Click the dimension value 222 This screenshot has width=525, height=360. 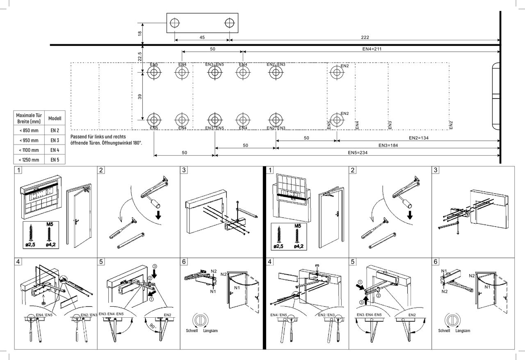pos(365,37)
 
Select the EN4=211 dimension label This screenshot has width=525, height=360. pos(372,49)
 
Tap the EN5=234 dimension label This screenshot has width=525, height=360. pos(357,153)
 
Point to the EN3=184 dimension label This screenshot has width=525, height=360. pos(388,145)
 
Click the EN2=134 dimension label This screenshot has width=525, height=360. pos(419,138)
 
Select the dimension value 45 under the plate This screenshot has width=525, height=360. pos(202,37)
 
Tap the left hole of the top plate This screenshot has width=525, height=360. pos(175,23)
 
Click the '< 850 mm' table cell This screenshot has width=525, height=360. pos(29,131)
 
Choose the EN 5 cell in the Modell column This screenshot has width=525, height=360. pos(55,160)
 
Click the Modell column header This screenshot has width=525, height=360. pos(55,118)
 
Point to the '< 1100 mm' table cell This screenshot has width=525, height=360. pos(29,150)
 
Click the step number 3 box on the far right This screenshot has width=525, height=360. pos(436,170)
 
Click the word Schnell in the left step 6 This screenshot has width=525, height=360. pos(191,330)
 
